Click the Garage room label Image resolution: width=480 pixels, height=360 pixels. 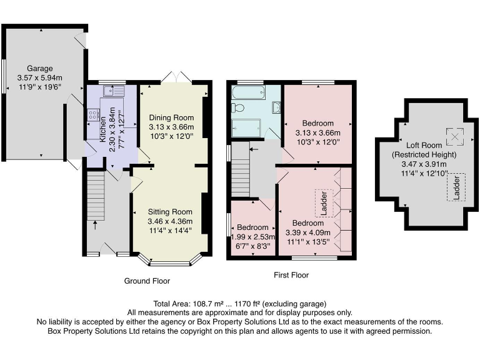click(39, 69)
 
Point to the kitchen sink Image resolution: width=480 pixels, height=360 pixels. click(114, 92)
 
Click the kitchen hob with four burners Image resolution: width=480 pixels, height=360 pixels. click(94, 114)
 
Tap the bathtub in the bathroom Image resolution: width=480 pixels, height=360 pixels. click(248, 93)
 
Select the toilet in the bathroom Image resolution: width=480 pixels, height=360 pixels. click(237, 107)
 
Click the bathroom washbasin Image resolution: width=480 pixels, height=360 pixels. click(276, 107)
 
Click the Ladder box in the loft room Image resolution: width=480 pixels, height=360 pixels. click(456, 187)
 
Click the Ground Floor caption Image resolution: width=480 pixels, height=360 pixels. click(148, 281)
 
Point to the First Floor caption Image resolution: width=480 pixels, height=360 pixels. click(291, 275)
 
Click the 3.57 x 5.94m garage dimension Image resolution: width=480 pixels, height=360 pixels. click(39, 78)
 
